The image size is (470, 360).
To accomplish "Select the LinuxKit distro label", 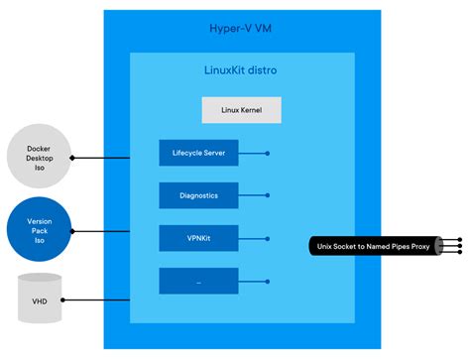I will pyautogui.click(x=242, y=70).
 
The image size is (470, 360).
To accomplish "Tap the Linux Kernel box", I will pyautogui.click(x=242, y=110).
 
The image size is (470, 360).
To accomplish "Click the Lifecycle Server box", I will pyautogui.click(x=199, y=153).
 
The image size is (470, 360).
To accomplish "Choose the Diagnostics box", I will pyautogui.click(x=199, y=195).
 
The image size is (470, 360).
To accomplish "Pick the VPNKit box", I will pyautogui.click(x=199, y=238).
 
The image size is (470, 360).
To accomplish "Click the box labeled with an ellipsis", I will pyautogui.click(x=199, y=281).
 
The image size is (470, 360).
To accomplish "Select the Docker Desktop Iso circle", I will pyautogui.click(x=38, y=157).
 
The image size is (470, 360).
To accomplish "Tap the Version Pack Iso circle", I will pyautogui.click(x=38, y=231).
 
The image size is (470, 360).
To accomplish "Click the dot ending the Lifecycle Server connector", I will pyautogui.click(x=268, y=154).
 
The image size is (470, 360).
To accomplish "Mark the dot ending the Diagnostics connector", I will pyautogui.click(x=268, y=196).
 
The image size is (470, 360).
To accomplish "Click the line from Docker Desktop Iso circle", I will pyautogui.click(x=109, y=157).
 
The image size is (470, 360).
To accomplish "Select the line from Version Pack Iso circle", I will pyautogui.click(x=109, y=231).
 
